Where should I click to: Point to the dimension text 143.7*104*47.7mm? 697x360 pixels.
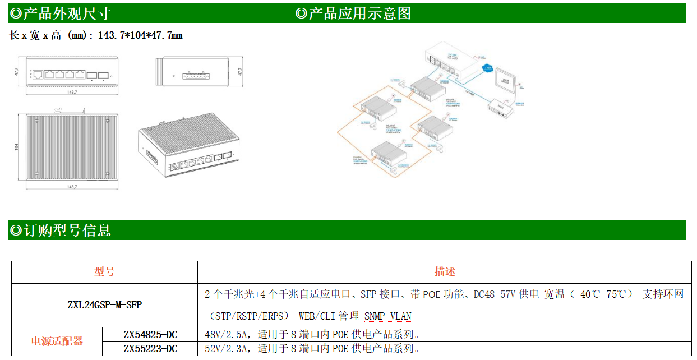click(140, 35)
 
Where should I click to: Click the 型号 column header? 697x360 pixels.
click(104, 272)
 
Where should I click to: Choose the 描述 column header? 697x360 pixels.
click(445, 272)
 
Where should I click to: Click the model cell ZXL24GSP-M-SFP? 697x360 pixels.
click(104, 305)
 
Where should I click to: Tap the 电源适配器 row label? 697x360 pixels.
click(57, 341)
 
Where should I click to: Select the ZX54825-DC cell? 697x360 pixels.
click(150, 335)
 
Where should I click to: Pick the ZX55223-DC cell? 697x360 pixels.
click(150, 349)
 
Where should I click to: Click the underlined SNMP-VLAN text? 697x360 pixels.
click(387, 316)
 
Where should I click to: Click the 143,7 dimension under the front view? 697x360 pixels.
click(72, 91)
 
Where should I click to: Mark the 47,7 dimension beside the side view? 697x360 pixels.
click(240, 72)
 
